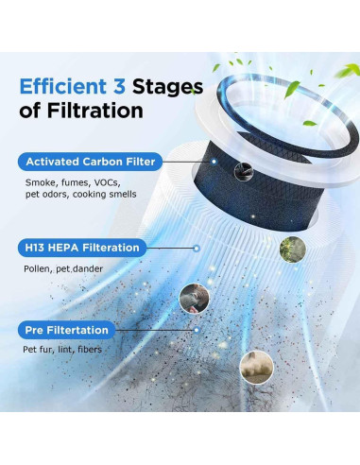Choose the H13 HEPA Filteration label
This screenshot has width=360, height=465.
(80, 248)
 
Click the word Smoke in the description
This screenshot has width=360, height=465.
(39, 181)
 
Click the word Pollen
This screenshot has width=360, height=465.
(37, 269)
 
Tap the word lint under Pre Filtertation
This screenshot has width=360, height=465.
(71, 351)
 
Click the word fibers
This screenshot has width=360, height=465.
(99, 351)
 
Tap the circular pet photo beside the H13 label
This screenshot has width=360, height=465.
(194, 298)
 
